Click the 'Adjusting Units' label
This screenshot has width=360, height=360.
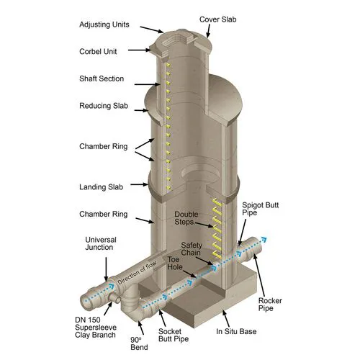pos(104,24)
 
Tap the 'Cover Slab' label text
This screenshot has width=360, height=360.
pos(217,19)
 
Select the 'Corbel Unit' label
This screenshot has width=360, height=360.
pos(98,51)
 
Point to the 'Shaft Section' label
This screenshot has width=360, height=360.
pos(102,78)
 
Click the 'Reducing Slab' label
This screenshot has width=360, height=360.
pos(104,106)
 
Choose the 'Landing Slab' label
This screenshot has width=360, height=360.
pos(101,187)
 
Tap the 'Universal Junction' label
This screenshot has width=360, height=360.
pos(101,243)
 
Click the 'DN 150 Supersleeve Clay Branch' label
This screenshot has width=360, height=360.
pos(96,328)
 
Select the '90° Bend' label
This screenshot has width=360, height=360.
pos(139,343)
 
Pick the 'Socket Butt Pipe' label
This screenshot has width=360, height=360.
pos(174,335)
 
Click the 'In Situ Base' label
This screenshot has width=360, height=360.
pos(236,331)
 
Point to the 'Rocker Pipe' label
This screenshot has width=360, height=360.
pos(270,305)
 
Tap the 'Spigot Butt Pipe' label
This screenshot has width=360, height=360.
pos(261,209)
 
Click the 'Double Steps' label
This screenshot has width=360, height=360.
pos(186,218)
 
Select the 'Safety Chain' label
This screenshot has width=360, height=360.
pos(192,249)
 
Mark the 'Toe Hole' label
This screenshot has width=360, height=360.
pos(175,263)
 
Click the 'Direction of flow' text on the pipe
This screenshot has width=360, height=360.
pos(137,273)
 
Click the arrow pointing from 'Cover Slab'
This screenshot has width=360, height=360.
pos(209,31)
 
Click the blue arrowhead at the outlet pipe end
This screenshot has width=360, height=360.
pos(264,239)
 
